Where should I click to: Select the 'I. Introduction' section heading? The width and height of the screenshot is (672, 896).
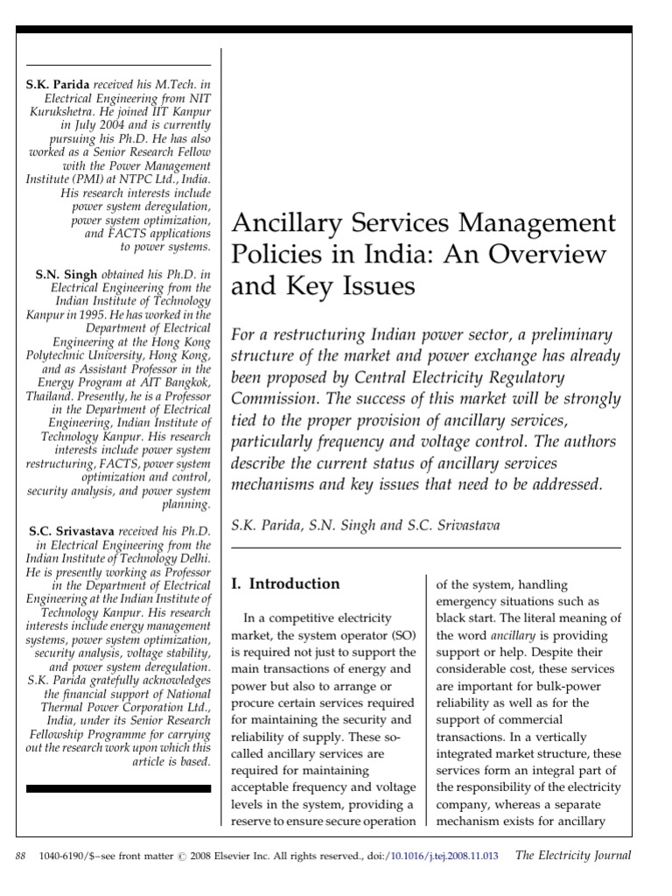pyautogui.click(x=284, y=584)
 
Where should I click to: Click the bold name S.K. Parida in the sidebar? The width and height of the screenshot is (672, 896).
pyautogui.click(x=57, y=85)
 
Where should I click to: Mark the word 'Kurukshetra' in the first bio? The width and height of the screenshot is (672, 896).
pyautogui.click(x=62, y=116)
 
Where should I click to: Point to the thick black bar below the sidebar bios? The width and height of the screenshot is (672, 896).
pyautogui.click(x=118, y=788)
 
